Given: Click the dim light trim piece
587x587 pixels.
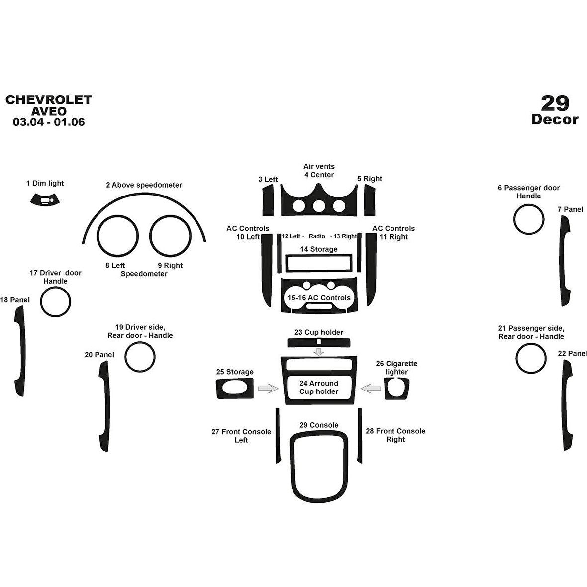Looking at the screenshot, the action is click(45, 199).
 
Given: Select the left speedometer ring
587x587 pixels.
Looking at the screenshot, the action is click(117, 236).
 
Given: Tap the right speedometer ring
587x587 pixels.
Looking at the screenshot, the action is click(170, 236).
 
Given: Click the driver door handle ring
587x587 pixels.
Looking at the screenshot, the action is click(55, 302).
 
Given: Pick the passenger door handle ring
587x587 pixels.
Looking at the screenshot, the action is click(529, 219).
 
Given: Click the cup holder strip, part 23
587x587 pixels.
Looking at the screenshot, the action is click(319, 342).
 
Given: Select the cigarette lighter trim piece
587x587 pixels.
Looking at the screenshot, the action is click(397, 389).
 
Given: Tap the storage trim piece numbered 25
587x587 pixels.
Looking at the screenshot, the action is click(235, 388).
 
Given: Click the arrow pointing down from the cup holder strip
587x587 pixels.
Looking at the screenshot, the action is click(319, 352).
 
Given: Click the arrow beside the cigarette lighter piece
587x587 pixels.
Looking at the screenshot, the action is click(371, 388).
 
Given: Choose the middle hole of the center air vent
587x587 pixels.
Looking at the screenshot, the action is click(319, 206).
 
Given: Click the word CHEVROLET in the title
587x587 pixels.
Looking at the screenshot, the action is click(49, 99).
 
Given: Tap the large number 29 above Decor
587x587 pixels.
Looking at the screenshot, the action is click(555, 103).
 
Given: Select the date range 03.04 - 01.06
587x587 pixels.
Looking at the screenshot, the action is click(49, 122).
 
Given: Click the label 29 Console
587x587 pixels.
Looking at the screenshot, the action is click(319, 425).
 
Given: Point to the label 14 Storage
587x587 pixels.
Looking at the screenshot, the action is click(319, 249).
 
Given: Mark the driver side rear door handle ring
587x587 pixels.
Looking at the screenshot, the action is click(140, 357).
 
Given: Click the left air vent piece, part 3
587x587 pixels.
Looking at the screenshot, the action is click(268, 200).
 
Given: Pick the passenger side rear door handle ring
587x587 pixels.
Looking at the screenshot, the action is click(531, 358).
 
